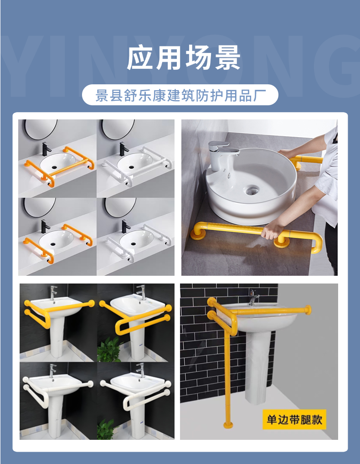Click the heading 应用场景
[183, 57]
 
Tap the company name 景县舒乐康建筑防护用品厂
[180, 96]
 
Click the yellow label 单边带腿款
[294, 420]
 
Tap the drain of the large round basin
[252, 190]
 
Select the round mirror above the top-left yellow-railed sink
[41, 129]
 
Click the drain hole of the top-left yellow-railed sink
[54, 167]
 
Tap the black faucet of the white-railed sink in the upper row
[123, 149]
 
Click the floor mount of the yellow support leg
[228, 425]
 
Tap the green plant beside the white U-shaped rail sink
[106, 428]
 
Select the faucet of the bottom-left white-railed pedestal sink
[52, 371]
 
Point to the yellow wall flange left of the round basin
[198, 234]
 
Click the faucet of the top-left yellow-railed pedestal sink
[53, 292]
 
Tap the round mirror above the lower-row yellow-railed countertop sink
[40, 207]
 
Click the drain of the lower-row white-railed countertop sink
[133, 244]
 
